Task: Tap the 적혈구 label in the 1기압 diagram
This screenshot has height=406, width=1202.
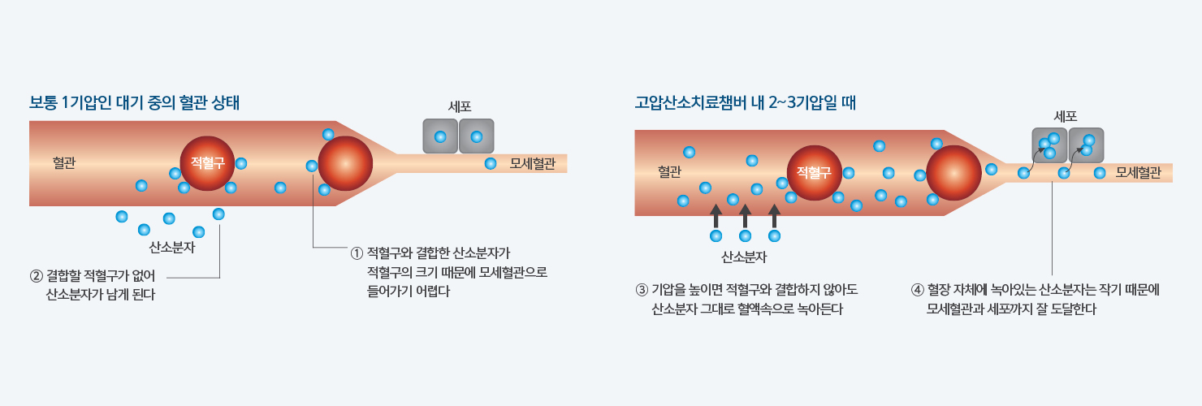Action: tap(208, 163)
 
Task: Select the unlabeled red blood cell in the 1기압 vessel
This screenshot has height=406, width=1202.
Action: tap(346, 163)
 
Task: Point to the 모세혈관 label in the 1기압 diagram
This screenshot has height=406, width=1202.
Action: tap(532, 163)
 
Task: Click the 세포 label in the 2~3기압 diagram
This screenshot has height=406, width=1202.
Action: tap(1066, 116)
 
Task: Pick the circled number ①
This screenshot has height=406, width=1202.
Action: tap(357, 253)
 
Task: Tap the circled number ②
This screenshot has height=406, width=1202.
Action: tap(37, 276)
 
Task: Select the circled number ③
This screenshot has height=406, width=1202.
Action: tap(642, 290)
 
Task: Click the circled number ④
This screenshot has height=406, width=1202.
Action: tap(918, 290)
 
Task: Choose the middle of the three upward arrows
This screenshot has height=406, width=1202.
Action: tap(745, 216)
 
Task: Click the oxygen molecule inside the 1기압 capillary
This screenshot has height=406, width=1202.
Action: tap(491, 163)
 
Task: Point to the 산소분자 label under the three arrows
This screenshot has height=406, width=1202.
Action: tap(744, 257)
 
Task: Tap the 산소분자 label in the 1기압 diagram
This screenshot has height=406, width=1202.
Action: tap(171, 248)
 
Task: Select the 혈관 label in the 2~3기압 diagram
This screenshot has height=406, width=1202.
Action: tap(669, 172)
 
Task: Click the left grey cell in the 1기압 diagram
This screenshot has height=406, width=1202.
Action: tap(440, 136)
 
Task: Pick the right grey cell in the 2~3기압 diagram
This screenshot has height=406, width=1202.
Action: tap(1086, 145)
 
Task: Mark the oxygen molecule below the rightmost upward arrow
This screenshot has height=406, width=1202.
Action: tap(774, 236)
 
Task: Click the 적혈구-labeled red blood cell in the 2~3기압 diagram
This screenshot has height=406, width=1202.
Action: tap(815, 173)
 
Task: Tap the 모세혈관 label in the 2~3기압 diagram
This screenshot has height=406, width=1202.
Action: tap(1138, 173)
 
